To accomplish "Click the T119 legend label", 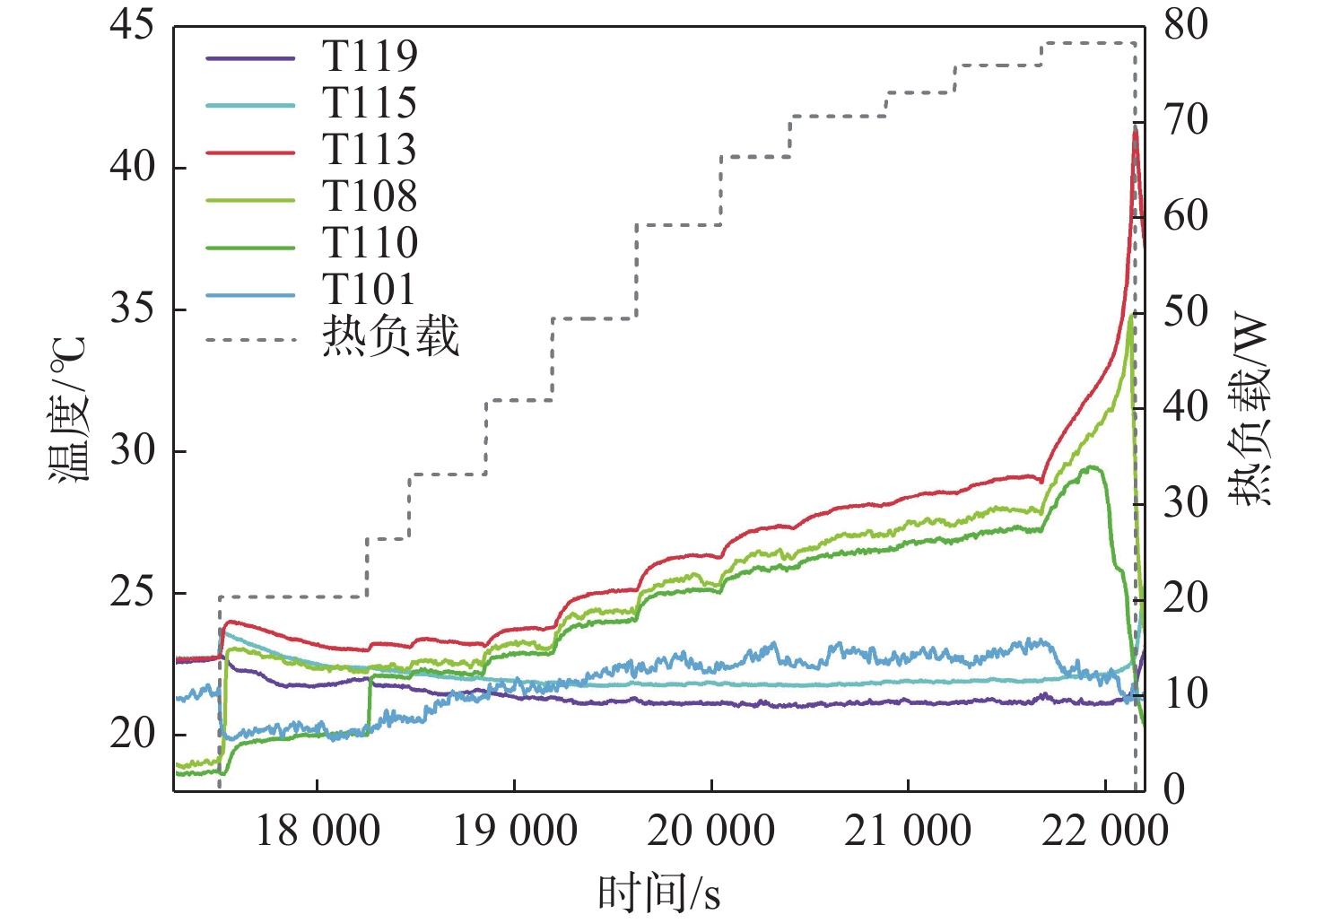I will [x=370, y=57].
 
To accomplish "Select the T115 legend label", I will [x=370, y=103].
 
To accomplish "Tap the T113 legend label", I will [x=370, y=150].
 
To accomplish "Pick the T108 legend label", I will [x=370, y=196].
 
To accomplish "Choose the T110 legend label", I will [x=370, y=243].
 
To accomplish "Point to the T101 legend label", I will [x=370, y=290].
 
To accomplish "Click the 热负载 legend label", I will [x=390, y=337].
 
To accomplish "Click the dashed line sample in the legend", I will [x=250, y=340].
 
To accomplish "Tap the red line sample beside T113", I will [x=250, y=152].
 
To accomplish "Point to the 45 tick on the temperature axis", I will [x=132, y=25].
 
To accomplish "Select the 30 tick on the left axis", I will [x=132, y=450].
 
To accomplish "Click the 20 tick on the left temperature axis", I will [x=132, y=735].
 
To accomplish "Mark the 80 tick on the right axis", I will [x=1186, y=25].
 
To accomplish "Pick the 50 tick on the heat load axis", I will [x=1186, y=312].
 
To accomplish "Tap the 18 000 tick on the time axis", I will [x=318, y=831].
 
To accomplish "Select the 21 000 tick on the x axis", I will [x=908, y=831].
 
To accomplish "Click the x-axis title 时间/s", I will [x=659, y=893].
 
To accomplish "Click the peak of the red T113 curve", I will [x=1136, y=128].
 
